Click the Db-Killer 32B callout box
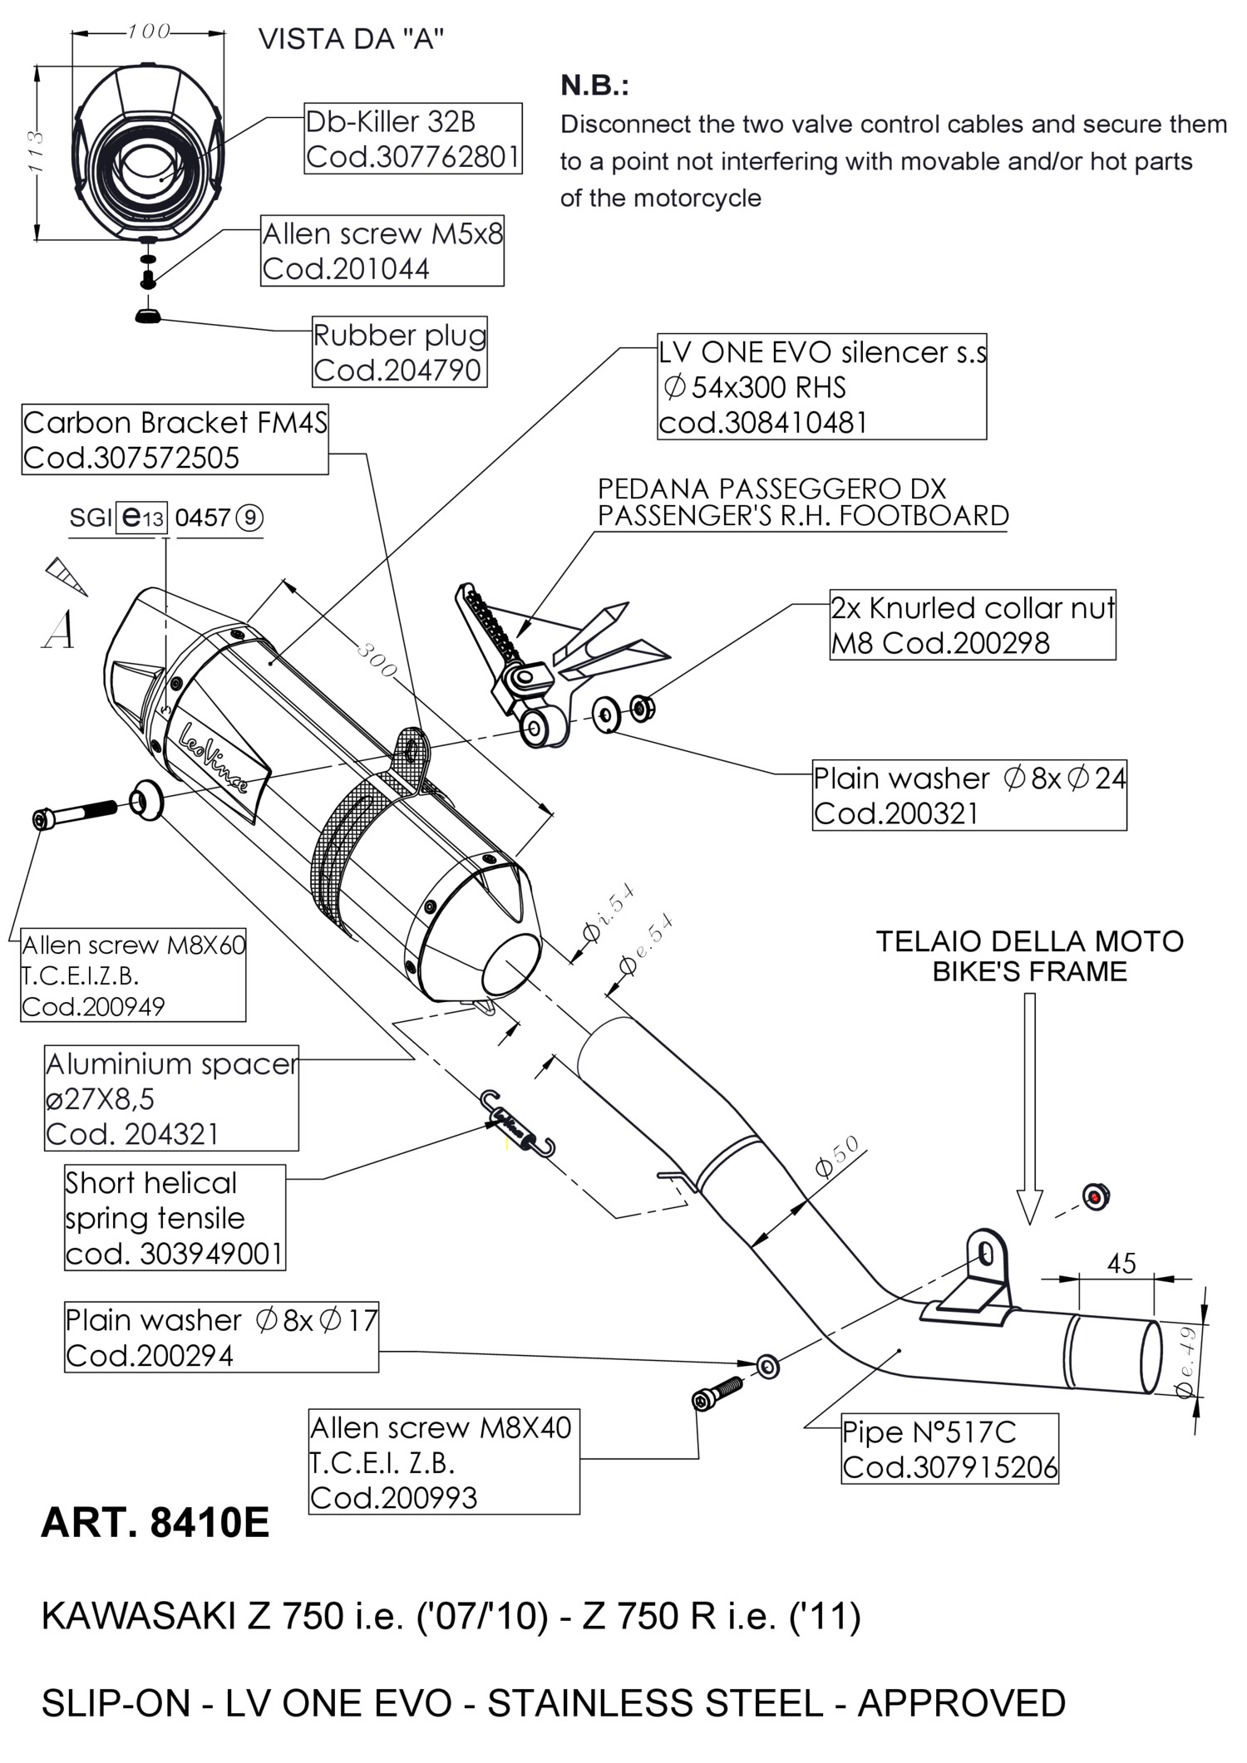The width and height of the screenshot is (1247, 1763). [413, 139]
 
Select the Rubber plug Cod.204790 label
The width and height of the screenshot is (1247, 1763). [399, 352]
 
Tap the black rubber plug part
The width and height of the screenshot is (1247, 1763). [148, 315]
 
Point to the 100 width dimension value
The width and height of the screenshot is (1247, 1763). [149, 32]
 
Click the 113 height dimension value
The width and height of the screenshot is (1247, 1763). [35, 151]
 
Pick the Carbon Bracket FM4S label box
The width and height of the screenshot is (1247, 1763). [175, 440]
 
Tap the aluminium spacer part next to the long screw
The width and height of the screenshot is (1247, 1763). [146, 799]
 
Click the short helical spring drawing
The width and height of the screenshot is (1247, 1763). [520, 1123]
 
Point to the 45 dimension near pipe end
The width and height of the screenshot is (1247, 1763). [1121, 1264]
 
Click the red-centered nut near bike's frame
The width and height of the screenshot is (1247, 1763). [1097, 1196]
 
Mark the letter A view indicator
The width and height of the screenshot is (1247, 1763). [58, 630]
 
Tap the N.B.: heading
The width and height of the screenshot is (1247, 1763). [594, 85]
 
